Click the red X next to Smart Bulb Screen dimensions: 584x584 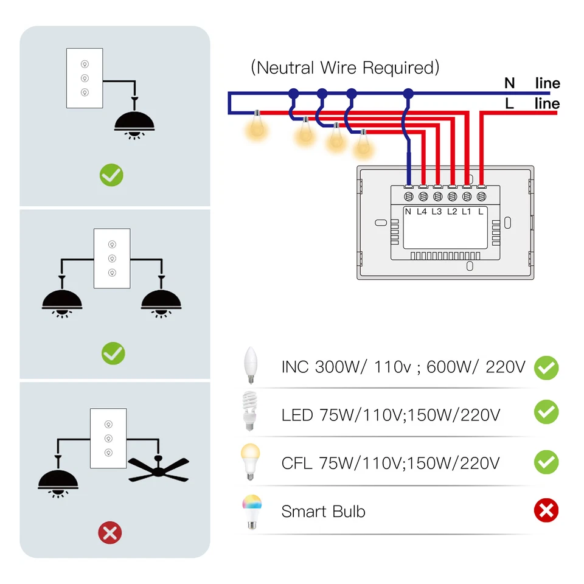coord(546,510)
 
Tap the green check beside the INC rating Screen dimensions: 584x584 coord(546,367)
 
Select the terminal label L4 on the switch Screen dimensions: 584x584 coord(422,211)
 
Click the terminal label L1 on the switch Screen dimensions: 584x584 coord(467,211)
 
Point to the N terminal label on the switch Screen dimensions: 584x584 coord(408,211)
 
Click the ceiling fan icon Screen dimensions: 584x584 coord(159,468)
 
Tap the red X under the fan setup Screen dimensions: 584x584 coord(110,534)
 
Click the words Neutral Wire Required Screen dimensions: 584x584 coord(345,68)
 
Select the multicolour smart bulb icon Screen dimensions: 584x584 coord(251,510)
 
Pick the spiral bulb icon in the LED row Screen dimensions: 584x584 coord(249,411)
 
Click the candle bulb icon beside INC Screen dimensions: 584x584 coord(250,365)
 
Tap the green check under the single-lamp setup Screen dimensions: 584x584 coord(111,176)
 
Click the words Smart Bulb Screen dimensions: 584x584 coord(323,512)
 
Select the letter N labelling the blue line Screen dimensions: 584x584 coord(509,83)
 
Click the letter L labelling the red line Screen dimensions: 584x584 coord(509,104)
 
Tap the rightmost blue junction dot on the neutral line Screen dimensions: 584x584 coord(408,93)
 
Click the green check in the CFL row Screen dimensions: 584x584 coord(546,462)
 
